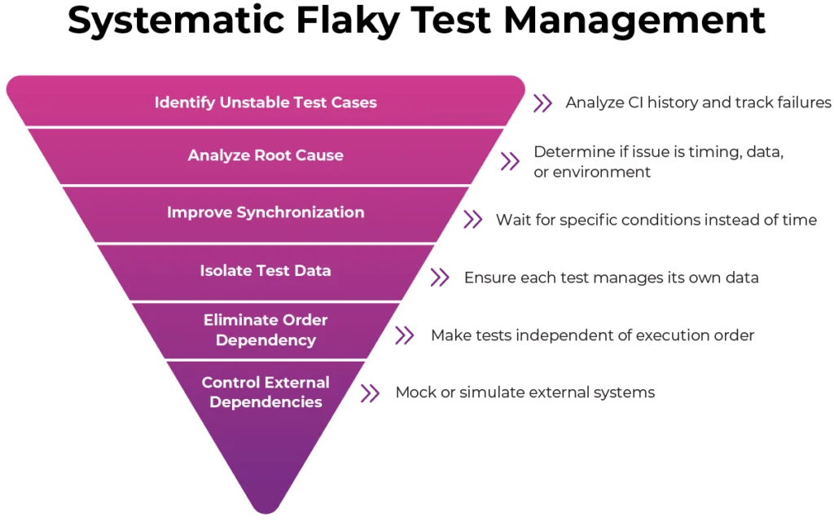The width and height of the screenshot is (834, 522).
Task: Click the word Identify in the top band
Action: click(x=185, y=103)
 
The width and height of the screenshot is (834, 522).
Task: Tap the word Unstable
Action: click(x=255, y=103)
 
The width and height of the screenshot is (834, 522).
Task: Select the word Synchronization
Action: click(x=301, y=213)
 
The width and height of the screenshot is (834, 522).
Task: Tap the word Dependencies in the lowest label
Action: click(x=266, y=402)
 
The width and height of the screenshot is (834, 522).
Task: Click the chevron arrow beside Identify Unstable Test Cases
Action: click(x=542, y=103)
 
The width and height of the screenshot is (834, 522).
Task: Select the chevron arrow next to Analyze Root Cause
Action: click(x=509, y=161)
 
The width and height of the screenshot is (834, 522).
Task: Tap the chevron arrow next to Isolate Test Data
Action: click(x=440, y=279)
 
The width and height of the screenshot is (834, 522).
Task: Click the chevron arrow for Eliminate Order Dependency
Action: click(x=404, y=336)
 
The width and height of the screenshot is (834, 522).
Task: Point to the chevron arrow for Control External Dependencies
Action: click(x=371, y=393)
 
